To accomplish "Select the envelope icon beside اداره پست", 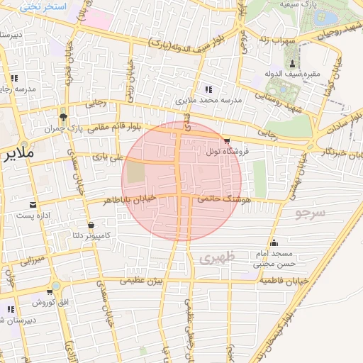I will tap(33, 205).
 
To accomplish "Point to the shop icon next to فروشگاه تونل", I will tap(226, 141).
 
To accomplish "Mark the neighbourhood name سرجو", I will tap(310, 212).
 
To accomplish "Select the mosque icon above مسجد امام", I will tap(274, 242).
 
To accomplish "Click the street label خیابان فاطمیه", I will tap(284, 281).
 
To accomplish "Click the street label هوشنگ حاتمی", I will tap(226, 201).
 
